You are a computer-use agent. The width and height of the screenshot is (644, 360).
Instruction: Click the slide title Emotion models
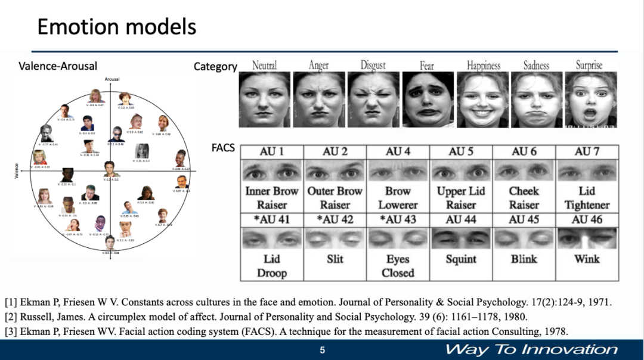coord(116,27)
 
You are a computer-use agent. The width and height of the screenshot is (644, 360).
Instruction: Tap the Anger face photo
coord(319,99)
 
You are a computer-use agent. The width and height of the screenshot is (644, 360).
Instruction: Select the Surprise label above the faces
coord(589,65)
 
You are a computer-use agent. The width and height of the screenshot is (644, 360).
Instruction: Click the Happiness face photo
coord(482,99)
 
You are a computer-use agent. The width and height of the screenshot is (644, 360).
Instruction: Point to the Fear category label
coord(427,66)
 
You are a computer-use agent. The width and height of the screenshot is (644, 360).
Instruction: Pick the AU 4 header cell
coord(398,152)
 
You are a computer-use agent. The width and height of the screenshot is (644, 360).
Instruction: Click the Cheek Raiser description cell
coord(524,198)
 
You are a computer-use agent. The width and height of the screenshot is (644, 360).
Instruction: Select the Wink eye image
coord(587,238)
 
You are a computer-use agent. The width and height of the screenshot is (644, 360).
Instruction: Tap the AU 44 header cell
coord(461,219)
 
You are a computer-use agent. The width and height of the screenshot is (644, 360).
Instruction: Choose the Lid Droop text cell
coord(272,266)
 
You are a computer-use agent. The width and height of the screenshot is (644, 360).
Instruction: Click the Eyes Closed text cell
coord(398,266)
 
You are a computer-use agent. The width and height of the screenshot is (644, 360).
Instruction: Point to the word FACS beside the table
coord(224,147)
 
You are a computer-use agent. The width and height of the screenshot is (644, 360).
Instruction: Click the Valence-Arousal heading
coord(58,66)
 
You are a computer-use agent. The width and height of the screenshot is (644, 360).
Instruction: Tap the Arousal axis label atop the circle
coord(112,79)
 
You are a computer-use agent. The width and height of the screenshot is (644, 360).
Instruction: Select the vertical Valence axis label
coord(16,171)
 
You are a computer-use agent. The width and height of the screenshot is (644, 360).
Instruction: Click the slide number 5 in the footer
coord(322,350)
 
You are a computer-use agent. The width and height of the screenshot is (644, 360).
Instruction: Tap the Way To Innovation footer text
coord(531,349)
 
